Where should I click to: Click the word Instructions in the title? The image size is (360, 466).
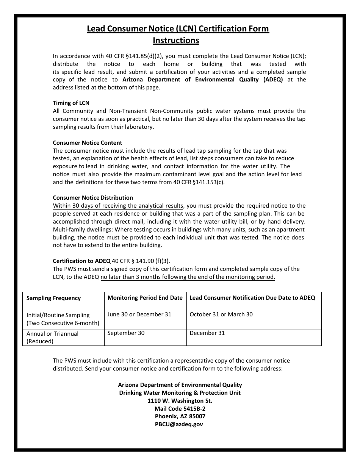click(x=176, y=40)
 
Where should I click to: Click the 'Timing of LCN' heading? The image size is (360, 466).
click(x=71, y=103)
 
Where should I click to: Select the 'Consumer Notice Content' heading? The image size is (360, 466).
click(x=87, y=143)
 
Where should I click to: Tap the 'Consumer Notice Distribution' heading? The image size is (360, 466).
click(x=93, y=198)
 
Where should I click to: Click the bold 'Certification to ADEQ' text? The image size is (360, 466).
click(x=81, y=261)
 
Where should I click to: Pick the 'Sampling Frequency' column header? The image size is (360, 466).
click(x=53, y=298)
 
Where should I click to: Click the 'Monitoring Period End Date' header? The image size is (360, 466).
click(x=145, y=298)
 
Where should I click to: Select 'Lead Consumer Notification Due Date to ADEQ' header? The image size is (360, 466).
click(x=252, y=298)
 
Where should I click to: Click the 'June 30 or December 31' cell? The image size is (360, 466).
click(x=139, y=314)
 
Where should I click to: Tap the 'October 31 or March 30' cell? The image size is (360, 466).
click(x=221, y=314)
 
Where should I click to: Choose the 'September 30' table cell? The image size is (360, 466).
click(x=126, y=333)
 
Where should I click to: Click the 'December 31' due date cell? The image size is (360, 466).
click(x=207, y=333)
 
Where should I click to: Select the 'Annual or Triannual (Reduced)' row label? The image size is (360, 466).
click(x=52, y=337)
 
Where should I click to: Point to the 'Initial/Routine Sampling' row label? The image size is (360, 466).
click(x=58, y=315)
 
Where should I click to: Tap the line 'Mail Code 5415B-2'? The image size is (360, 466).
click(x=180, y=409)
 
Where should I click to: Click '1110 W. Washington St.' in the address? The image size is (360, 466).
click(x=180, y=401)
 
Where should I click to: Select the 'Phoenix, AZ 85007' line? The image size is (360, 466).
click(x=180, y=416)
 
